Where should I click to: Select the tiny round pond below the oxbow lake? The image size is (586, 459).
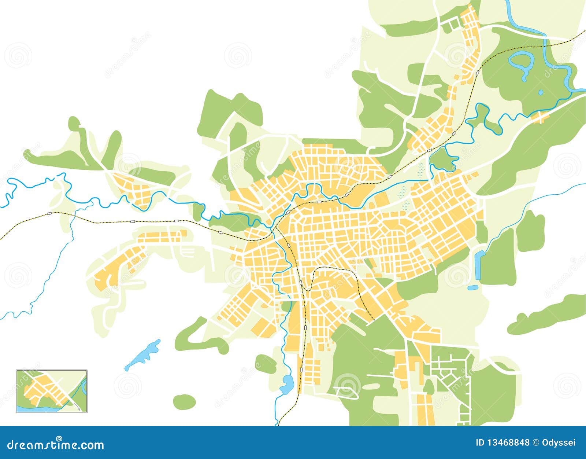click(x=541, y=92)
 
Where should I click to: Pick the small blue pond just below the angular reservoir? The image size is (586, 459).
click(x=473, y=288)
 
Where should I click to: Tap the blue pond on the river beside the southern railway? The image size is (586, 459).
click(x=287, y=383)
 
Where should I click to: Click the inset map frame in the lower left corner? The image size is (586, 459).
click(x=52, y=391)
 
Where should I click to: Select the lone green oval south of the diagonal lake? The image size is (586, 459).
click(x=184, y=402)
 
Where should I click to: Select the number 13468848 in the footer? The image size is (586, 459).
click(x=507, y=443)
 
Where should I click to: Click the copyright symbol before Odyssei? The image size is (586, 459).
click(x=535, y=443)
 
